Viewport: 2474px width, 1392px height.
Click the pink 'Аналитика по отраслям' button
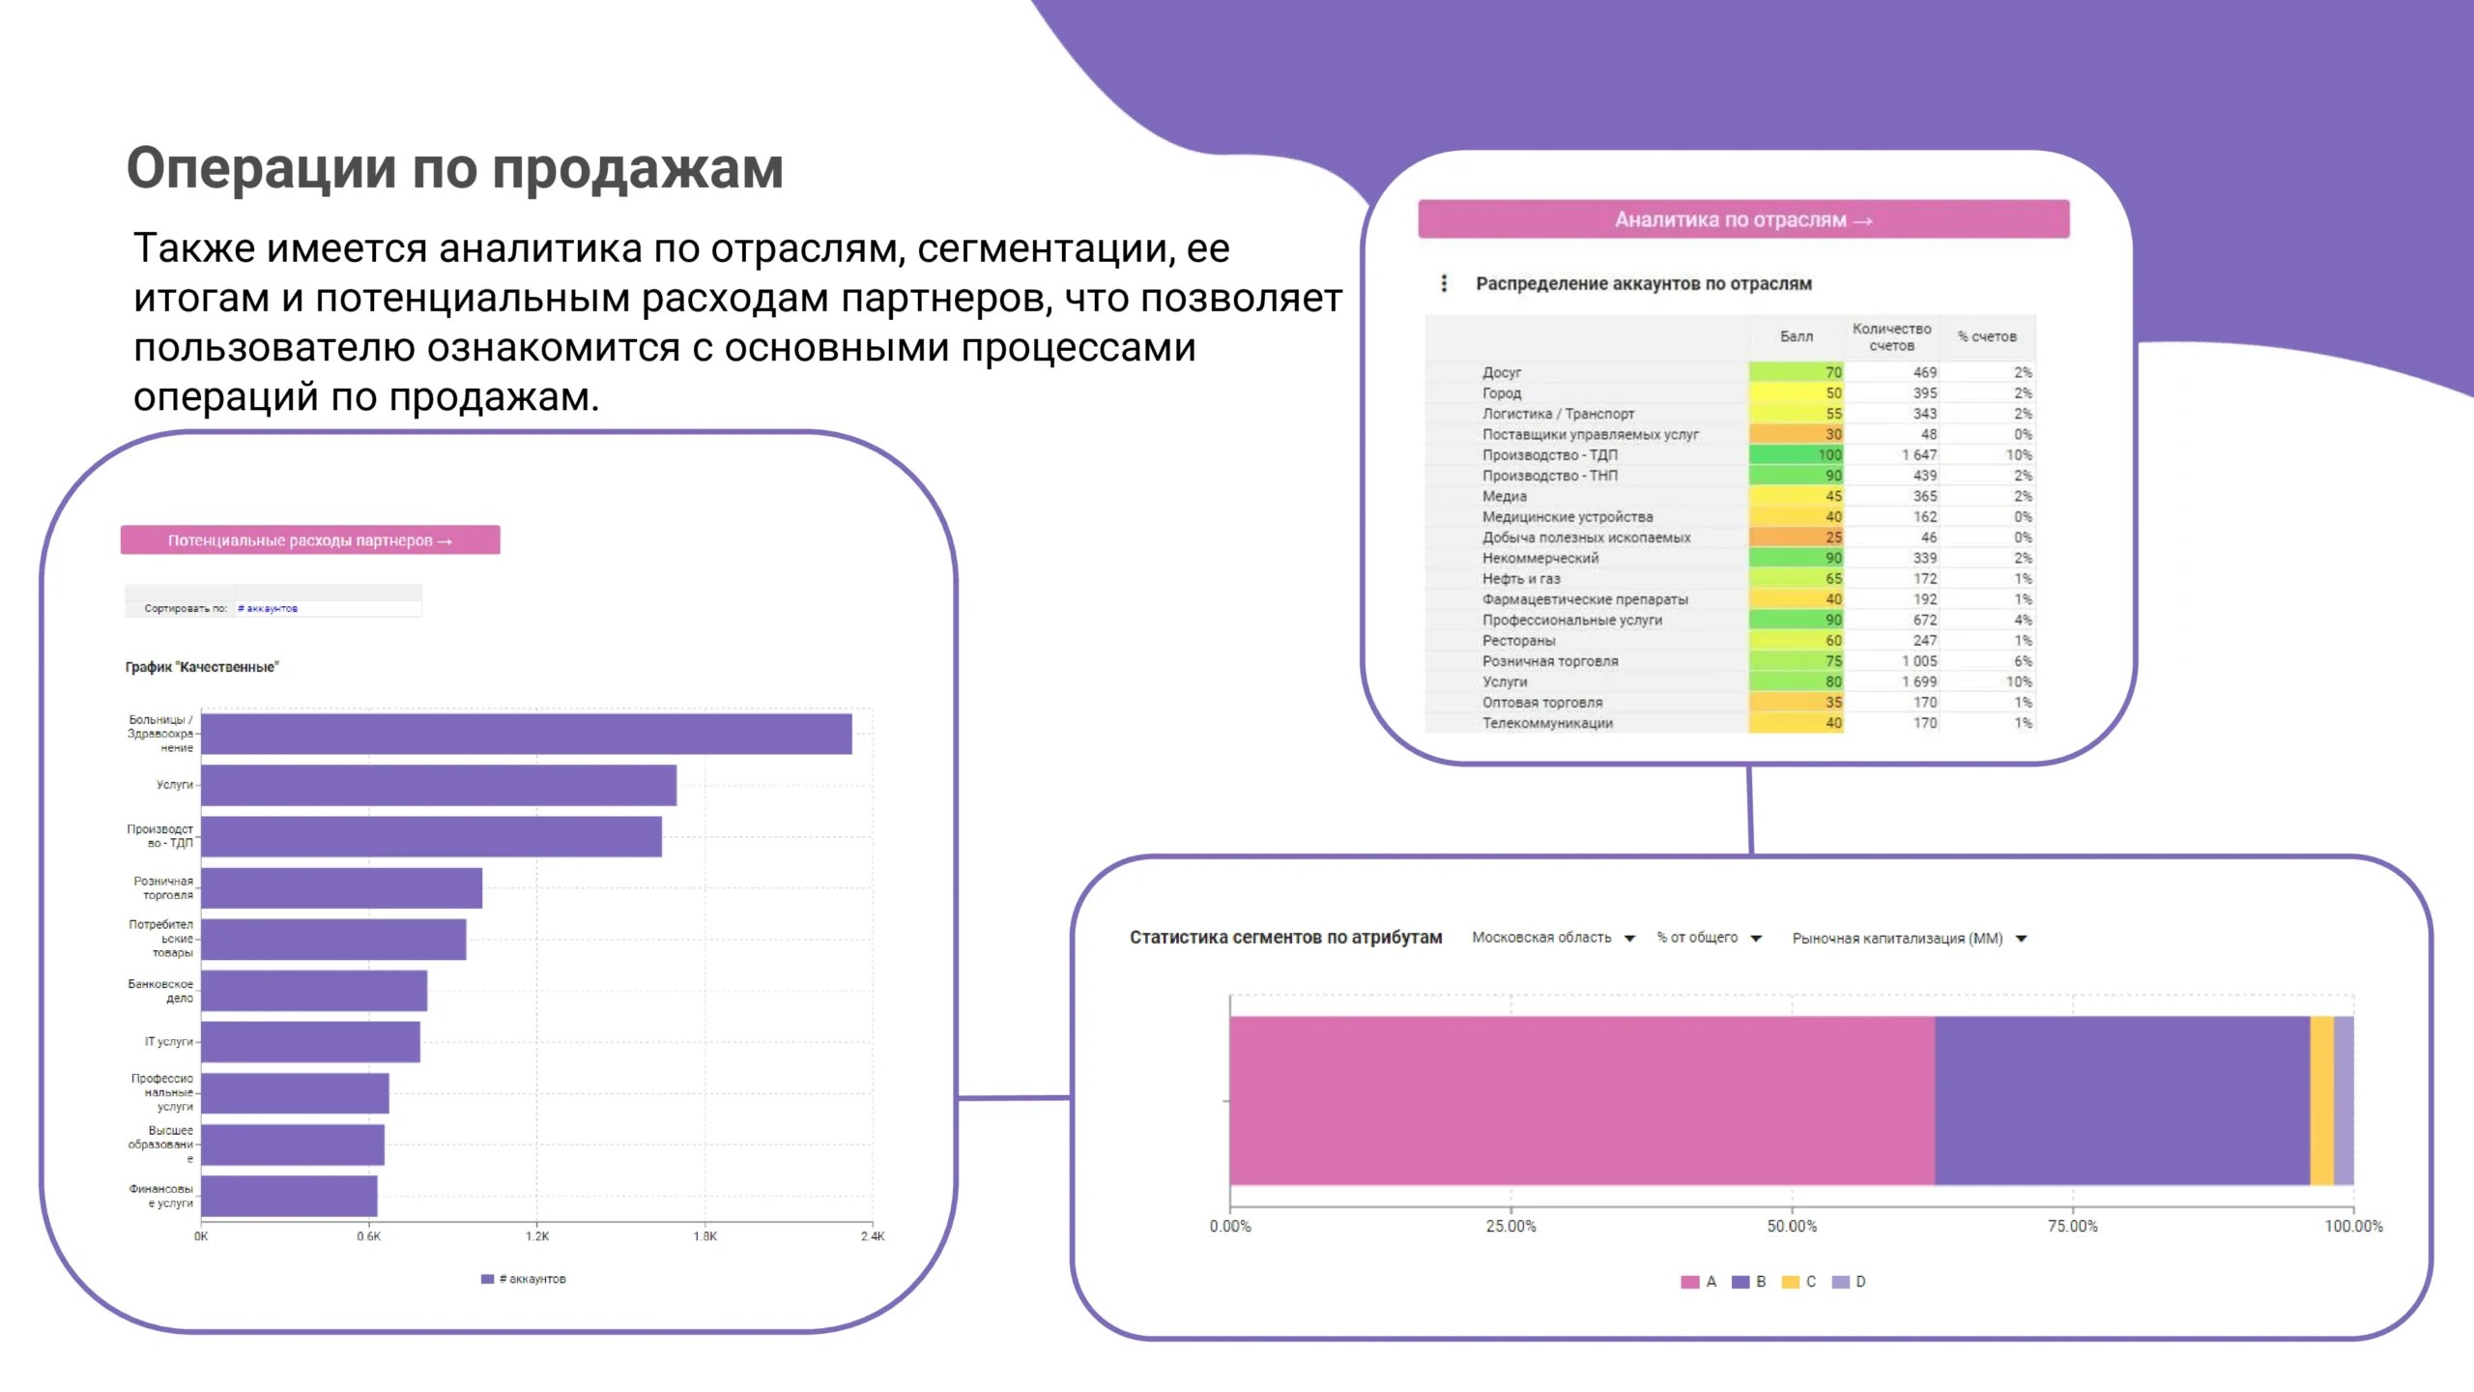coord(1743,219)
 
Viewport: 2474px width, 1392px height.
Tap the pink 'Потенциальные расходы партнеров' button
coord(310,540)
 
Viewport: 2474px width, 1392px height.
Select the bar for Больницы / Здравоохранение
coord(527,734)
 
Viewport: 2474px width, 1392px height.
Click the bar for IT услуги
coord(310,1042)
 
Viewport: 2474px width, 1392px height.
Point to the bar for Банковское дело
coord(314,991)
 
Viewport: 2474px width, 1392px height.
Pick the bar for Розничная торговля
coord(341,887)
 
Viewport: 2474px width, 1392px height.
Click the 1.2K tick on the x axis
coord(537,1236)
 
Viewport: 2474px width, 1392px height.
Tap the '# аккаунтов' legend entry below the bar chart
coord(524,1279)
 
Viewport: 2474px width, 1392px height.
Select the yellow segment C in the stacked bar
coord(2321,1100)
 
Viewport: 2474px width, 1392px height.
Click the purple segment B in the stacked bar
coord(2122,1100)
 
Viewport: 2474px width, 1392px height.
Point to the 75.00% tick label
coord(2073,1226)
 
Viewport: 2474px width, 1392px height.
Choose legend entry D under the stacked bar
coord(1849,1282)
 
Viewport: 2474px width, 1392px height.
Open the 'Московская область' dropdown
coord(1553,938)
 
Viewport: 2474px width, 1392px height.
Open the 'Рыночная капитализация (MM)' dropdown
coord(1910,939)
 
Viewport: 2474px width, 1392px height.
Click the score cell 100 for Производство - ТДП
coord(1796,454)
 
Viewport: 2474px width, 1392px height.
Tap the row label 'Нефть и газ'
coord(1521,578)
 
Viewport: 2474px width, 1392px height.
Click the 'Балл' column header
coord(1797,336)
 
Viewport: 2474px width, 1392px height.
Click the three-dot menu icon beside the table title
coord(1444,283)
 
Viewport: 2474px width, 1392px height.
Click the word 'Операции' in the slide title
coord(262,169)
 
